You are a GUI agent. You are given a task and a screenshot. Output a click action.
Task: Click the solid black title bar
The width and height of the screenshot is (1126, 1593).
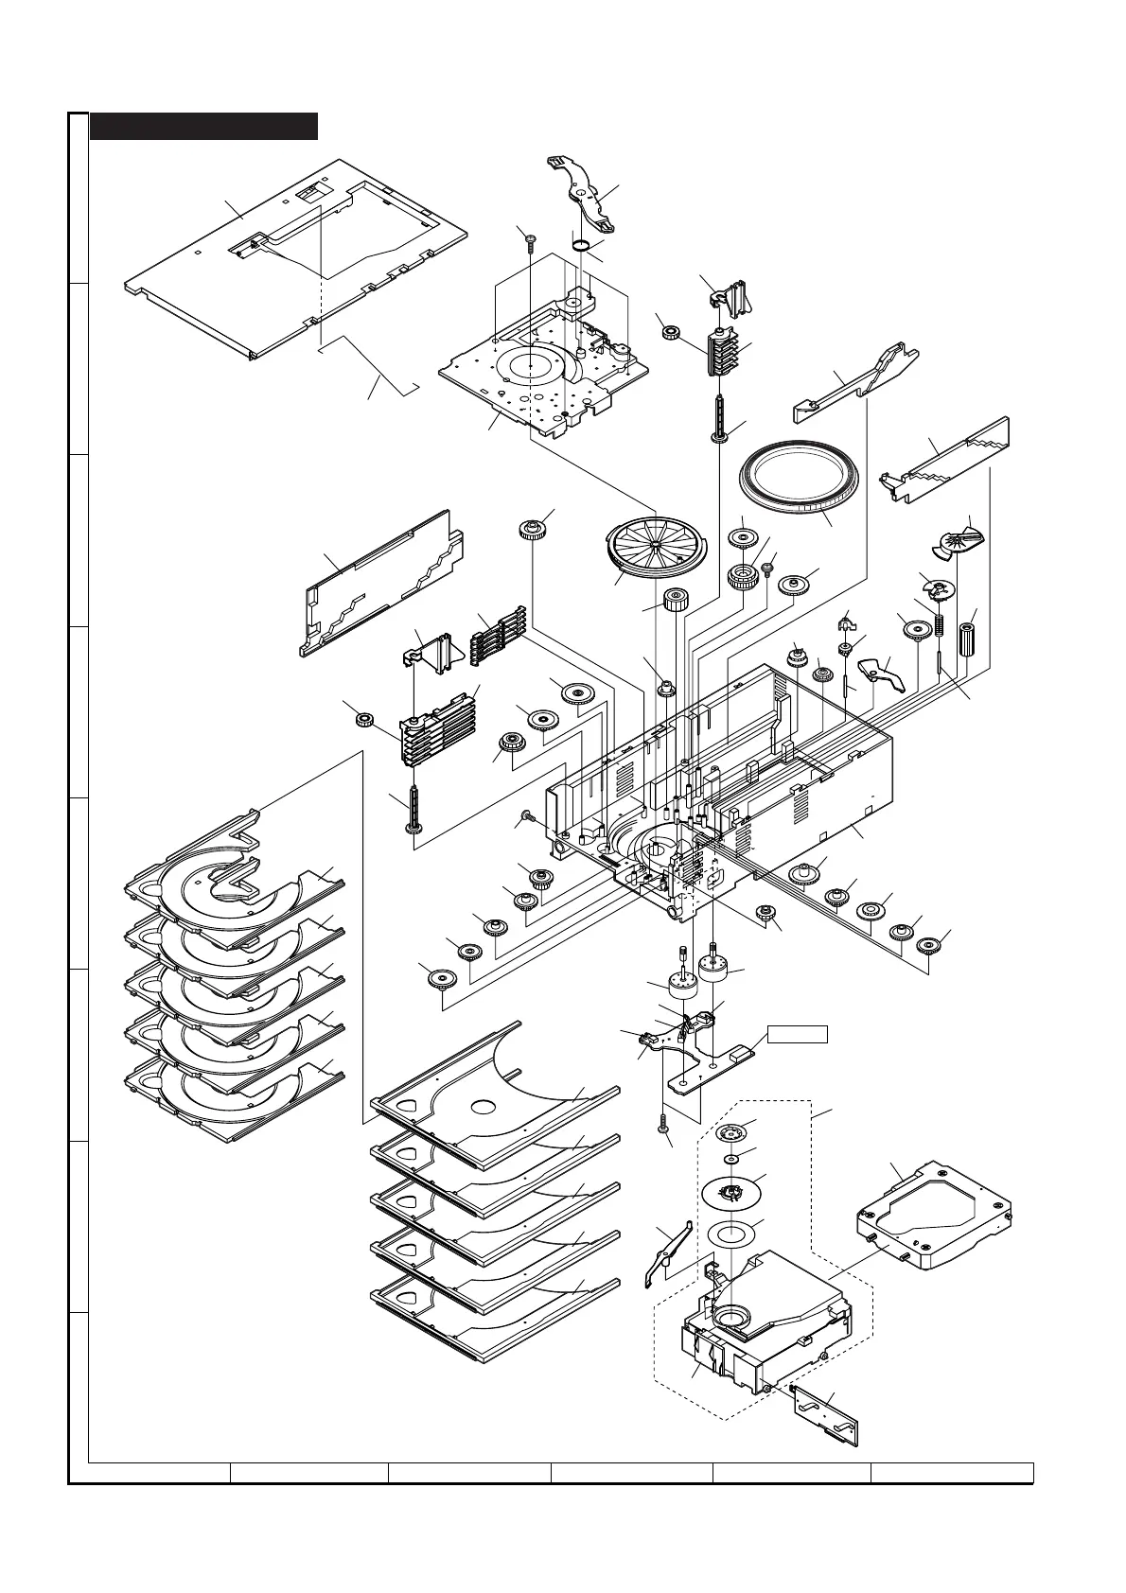203,126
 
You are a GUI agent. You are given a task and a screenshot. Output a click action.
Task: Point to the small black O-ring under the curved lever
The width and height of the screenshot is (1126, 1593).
582,246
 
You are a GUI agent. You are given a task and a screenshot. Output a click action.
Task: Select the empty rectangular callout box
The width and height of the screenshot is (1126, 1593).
797,1034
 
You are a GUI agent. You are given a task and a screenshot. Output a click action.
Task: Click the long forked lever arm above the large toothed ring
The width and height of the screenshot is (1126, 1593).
856,384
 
